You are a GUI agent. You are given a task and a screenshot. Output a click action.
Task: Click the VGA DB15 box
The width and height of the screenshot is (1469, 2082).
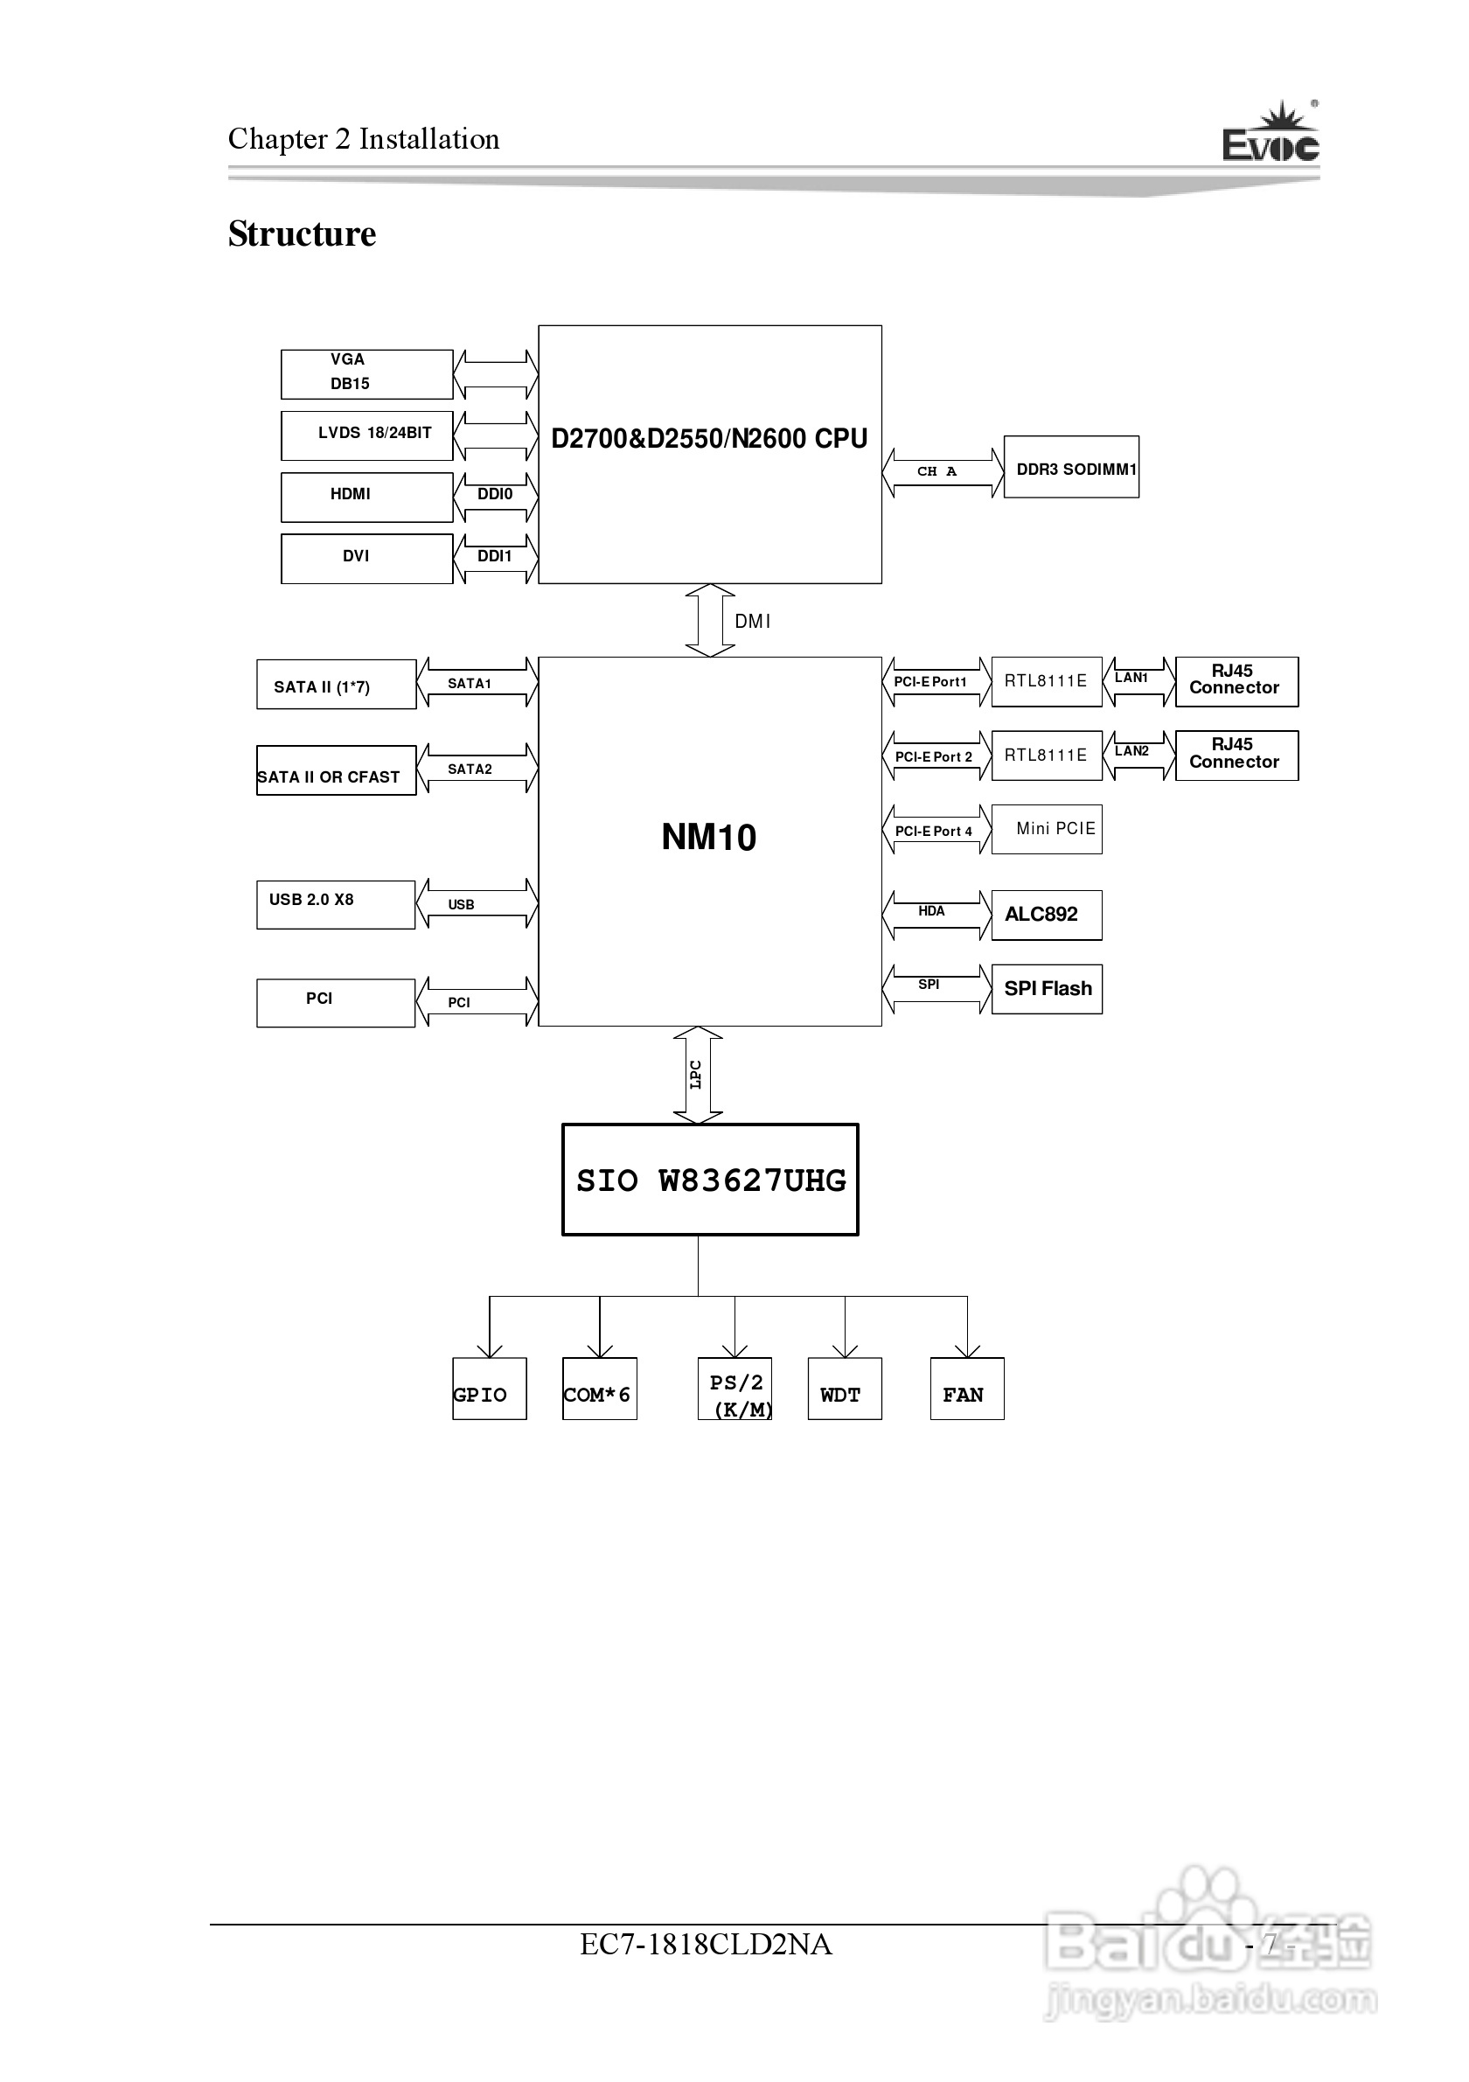click(x=366, y=373)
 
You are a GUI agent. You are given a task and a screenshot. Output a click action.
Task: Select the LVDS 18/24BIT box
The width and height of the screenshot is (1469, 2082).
click(x=366, y=435)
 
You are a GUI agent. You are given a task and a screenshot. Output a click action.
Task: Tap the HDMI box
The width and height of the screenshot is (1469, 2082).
click(x=366, y=497)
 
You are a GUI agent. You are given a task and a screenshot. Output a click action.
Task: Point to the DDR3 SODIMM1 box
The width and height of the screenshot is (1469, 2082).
click(x=1071, y=467)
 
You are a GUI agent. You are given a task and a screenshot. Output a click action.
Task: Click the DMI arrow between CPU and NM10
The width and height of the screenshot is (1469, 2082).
click(x=710, y=620)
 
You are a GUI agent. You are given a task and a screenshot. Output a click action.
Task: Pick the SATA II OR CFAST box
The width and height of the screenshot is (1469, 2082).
click(x=336, y=769)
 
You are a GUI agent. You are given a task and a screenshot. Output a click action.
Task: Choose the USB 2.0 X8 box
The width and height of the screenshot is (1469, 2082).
click(x=336, y=904)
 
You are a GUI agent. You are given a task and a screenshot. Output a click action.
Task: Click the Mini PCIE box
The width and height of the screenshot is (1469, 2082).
click(x=1047, y=829)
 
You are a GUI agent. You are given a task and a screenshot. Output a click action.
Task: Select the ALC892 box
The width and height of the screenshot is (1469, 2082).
click(x=1047, y=914)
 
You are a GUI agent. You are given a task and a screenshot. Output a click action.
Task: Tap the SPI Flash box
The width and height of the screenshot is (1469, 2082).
click(x=1047, y=988)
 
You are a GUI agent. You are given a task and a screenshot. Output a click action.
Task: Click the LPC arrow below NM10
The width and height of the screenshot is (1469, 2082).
click(x=697, y=1075)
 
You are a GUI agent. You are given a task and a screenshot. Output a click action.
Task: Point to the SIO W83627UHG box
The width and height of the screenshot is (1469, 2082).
click(x=710, y=1180)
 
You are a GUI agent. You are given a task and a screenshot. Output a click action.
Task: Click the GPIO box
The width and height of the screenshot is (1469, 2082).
click(x=489, y=1389)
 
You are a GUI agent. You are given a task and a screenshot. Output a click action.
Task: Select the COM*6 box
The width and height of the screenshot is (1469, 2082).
click(x=599, y=1389)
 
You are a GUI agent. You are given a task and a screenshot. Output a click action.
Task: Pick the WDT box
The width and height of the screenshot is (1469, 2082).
click(x=844, y=1389)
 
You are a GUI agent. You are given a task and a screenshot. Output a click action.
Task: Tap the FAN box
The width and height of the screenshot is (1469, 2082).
click(x=966, y=1389)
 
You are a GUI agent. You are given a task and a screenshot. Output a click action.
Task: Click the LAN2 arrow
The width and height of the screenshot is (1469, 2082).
click(x=1138, y=756)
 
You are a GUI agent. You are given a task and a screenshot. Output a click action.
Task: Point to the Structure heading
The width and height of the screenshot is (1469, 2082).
click(x=302, y=234)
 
